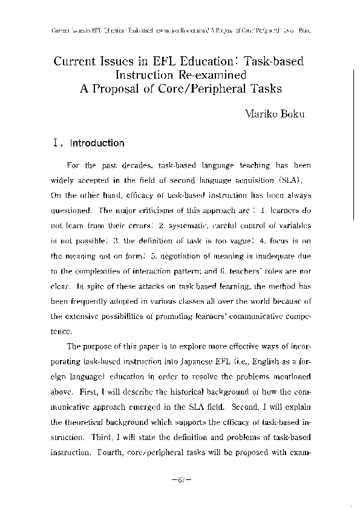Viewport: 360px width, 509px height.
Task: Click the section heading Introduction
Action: point(97,144)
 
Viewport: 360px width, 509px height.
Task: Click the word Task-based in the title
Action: point(267,62)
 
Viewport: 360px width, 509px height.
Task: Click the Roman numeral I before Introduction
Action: point(56,144)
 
